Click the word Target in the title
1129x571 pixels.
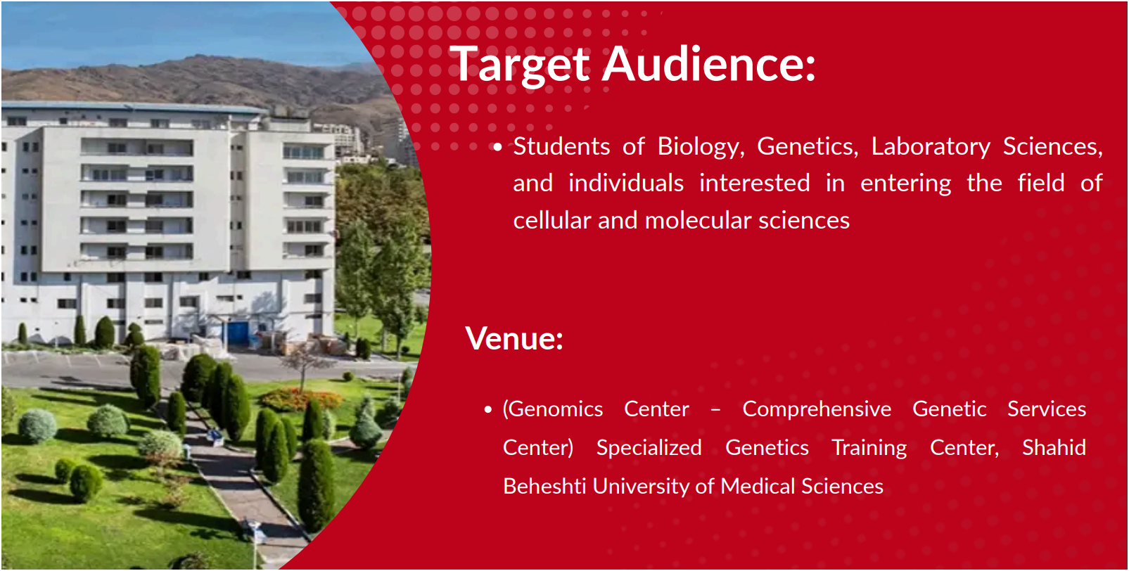[x=520, y=65]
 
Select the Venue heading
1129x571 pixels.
[x=514, y=338]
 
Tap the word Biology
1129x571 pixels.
[x=701, y=147]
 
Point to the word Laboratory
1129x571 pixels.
[x=931, y=147]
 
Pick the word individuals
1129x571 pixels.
[x=626, y=182]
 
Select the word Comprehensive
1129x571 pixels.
[x=817, y=410]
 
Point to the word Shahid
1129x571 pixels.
[x=1054, y=447]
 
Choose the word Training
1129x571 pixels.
[x=869, y=449]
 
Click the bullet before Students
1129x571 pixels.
[x=497, y=147]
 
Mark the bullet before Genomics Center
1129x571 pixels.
[x=487, y=410]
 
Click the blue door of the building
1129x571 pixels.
[x=237, y=333]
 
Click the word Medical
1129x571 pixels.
[x=758, y=487]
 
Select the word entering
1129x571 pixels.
[x=906, y=184]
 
